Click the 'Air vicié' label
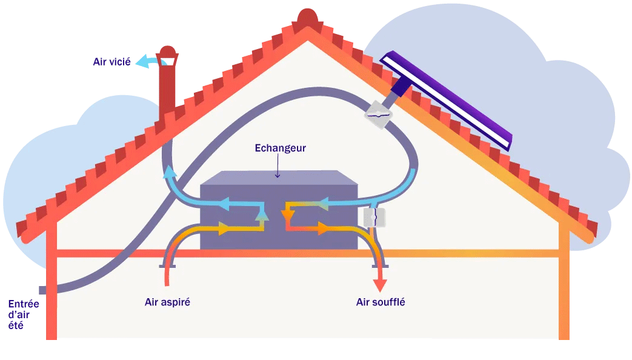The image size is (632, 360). coord(111,62)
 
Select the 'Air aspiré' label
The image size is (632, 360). coord(168,301)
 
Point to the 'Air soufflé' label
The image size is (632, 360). coord(381,301)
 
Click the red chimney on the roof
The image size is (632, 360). coord(166,91)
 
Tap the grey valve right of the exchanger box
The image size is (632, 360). coord(374,216)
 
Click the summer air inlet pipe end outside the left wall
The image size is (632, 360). coord(43,290)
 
